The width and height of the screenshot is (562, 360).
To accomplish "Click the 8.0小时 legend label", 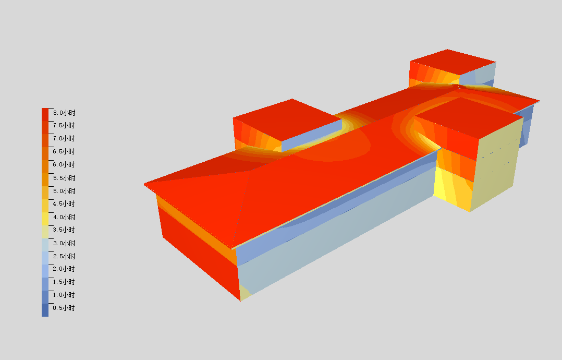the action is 64,113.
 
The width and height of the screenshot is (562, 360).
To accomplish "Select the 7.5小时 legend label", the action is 64,125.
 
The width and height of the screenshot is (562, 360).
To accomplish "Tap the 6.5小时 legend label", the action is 64,151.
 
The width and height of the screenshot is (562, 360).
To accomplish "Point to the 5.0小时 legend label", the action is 64,191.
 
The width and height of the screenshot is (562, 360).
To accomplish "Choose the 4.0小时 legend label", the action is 64,217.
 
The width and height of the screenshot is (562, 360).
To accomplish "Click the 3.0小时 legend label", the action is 64,243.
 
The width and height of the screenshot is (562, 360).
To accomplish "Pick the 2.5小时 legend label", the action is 64,256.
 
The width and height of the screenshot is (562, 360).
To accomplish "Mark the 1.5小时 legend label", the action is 64,282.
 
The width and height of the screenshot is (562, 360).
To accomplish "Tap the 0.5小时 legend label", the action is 64,308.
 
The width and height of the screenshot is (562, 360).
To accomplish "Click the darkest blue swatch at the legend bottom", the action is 45,310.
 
